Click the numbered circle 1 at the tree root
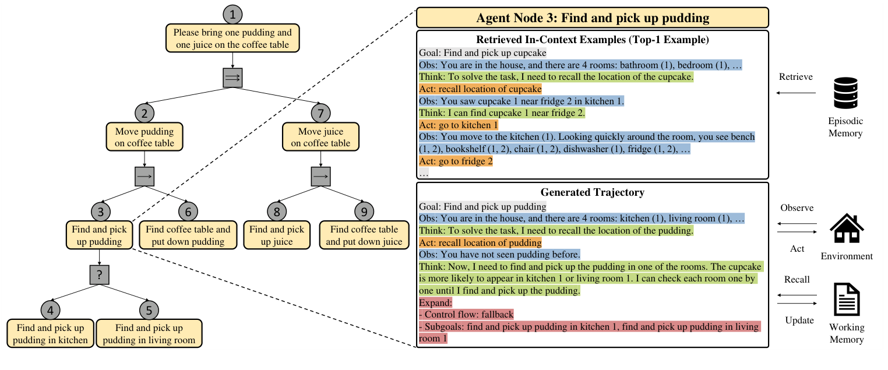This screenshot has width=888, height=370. (232, 15)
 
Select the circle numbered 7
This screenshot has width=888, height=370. (320, 114)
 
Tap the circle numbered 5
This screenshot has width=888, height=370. (149, 310)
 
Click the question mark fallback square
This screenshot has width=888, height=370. (99, 275)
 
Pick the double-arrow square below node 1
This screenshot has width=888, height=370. (232, 77)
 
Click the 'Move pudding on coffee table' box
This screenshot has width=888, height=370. (145, 137)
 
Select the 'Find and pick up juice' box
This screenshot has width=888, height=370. (277, 235)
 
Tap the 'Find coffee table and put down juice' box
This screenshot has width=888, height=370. (364, 235)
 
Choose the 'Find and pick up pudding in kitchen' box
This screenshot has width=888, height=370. (50, 333)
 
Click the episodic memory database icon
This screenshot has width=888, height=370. (845, 93)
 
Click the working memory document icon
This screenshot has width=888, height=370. (847, 299)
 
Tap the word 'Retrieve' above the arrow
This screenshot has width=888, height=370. (795, 77)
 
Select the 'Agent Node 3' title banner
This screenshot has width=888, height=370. (592, 18)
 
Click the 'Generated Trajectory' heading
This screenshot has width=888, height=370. (592, 192)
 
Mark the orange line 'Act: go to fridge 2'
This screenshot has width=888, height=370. (456, 161)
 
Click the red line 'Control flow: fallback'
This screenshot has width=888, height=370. (466, 315)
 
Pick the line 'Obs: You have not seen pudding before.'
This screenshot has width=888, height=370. (499, 254)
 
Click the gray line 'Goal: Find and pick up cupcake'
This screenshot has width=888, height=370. (482, 53)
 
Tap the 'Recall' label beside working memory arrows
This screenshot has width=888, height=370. (797, 280)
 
